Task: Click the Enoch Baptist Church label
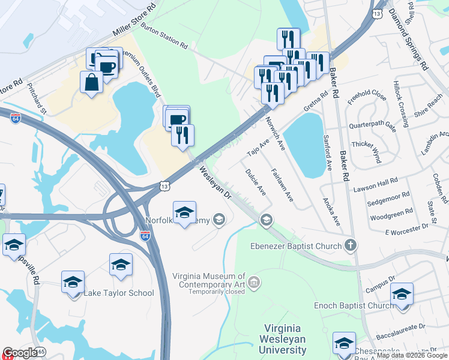point(354,305)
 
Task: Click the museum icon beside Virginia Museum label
point(254,281)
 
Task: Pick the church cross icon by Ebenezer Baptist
point(351,245)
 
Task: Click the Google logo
point(20,353)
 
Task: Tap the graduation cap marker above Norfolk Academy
point(184,212)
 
